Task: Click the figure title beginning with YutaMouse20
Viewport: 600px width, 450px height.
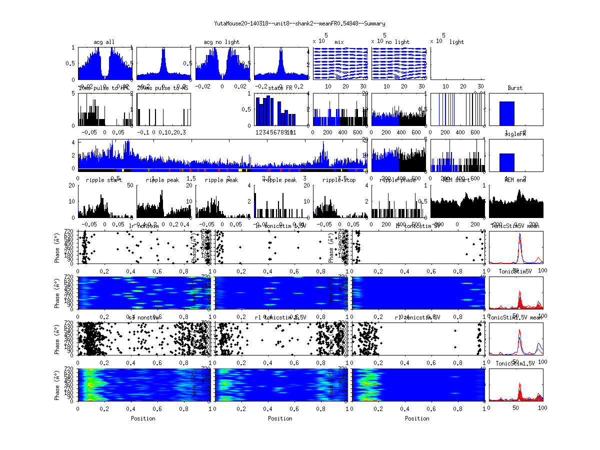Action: [x=299, y=23]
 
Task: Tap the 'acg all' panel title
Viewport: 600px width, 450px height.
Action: [x=104, y=42]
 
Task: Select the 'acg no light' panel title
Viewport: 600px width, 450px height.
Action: [x=221, y=42]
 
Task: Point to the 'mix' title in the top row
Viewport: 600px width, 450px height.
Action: [x=339, y=42]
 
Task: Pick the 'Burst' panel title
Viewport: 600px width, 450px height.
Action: [x=515, y=88]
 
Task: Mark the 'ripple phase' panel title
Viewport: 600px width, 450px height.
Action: [x=398, y=180]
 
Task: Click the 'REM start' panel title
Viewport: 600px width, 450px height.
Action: [x=457, y=180]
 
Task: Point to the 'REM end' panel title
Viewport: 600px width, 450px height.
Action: [x=515, y=180]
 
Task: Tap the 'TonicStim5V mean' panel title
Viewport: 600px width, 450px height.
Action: [x=515, y=226]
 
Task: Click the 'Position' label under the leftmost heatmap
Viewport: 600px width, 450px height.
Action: [x=143, y=418]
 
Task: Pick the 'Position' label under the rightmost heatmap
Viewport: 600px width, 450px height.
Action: [x=417, y=418]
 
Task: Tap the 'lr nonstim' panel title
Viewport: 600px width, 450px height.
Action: [x=143, y=226]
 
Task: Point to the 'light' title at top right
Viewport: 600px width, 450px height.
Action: [x=456, y=42]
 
